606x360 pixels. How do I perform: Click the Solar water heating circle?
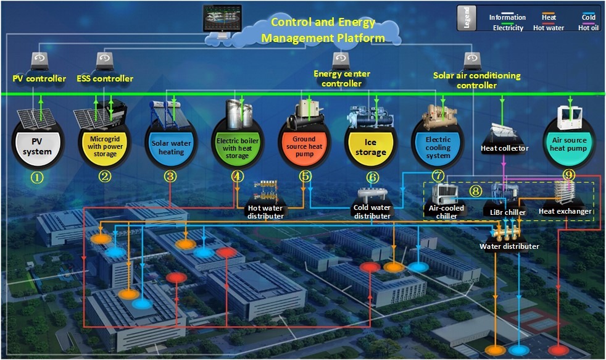pos(172,147)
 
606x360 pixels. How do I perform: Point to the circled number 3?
pos(170,176)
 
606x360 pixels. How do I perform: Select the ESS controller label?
pos(105,78)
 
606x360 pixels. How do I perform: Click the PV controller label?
pos(39,78)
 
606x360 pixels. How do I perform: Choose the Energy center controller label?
pos(342,78)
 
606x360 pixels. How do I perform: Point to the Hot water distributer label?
pos(265,212)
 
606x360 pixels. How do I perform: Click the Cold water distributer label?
pos(371,212)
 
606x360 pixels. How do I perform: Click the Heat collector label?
pos(505,148)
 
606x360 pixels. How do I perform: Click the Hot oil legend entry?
pos(587,27)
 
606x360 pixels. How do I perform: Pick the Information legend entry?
pos(507,17)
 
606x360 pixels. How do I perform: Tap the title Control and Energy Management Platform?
pos(323,30)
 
